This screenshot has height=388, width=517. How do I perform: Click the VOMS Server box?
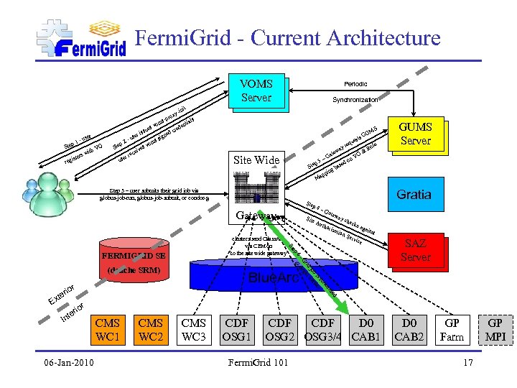pos(256,91)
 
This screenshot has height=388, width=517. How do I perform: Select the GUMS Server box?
pos(415,134)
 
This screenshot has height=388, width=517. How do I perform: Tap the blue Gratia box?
pos(414,194)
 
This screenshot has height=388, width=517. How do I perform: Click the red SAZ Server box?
pos(415,251)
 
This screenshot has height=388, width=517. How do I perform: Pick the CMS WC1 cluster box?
pos(108,330)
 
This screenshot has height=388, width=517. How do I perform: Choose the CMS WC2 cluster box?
pos(151,330)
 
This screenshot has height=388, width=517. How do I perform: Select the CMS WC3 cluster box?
pos(194,330)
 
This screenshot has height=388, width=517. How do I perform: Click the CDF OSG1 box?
pos(237,330)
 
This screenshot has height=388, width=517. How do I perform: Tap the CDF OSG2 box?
pos(280,330)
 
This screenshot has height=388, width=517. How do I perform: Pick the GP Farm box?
pos(452,330)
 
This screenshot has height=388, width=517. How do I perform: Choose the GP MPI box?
pos(495,330)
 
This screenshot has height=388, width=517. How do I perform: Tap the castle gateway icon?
pos(255,193)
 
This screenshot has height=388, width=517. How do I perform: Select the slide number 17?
pos(467,362)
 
